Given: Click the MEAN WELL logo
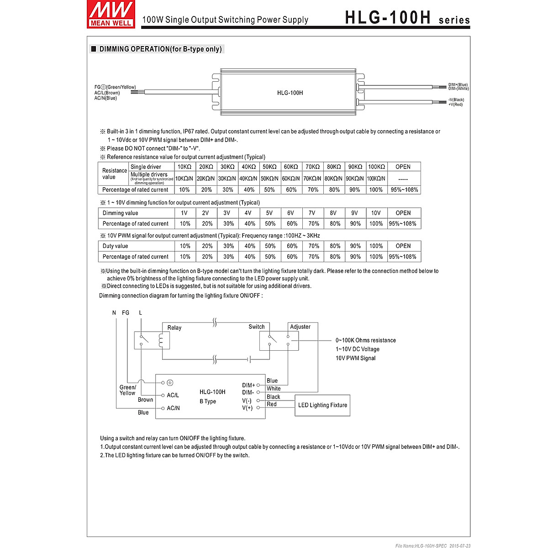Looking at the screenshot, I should coord(111,14).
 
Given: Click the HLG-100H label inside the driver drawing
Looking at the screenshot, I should coord(290,93).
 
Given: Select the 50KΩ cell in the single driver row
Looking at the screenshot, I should coord(269,167).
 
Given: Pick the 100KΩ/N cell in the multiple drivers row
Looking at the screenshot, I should coord(376,179).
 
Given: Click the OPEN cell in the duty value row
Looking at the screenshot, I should coord(403,246).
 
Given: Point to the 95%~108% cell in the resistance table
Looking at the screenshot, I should coord(404,190).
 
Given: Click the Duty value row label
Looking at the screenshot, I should coord(116,246).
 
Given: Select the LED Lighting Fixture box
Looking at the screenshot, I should coord(322,405).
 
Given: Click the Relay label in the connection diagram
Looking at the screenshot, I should coord(174,327).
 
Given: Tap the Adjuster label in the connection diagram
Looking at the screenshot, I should coord(300,327).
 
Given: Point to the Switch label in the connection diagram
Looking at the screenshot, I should coord(257,327).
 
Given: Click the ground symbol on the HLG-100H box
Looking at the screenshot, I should coord(170,382).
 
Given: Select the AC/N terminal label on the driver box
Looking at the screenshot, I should coord(174,408).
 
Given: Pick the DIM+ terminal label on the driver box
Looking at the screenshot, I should coord(248,385).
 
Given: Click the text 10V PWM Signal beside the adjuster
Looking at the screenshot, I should coord(356,358).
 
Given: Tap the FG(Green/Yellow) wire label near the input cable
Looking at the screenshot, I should coord(115,87).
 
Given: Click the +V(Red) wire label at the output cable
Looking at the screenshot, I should coord(455,105).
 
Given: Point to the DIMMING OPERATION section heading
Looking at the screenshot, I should coord(160,49).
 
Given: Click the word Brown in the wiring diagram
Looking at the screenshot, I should coord(145,400).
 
